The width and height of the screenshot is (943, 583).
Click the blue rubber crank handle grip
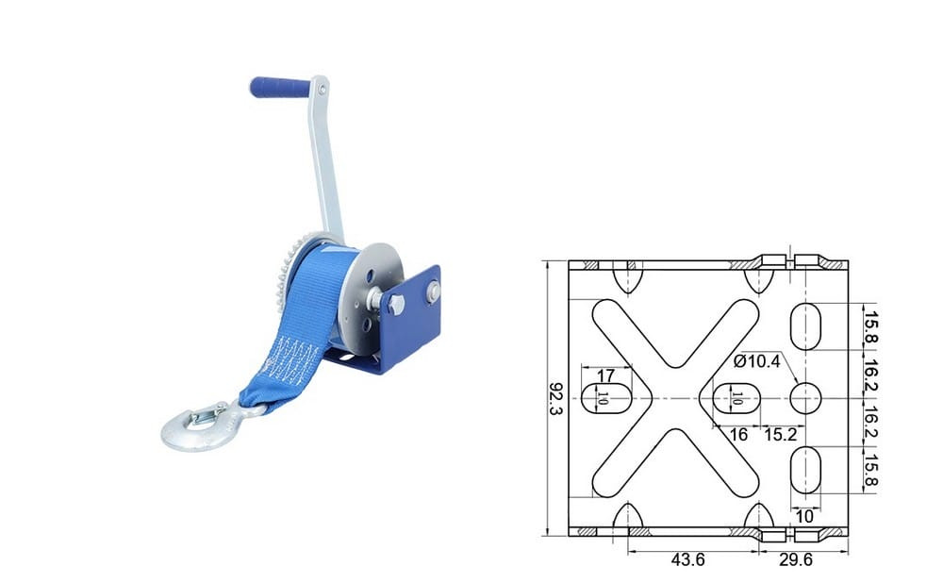[x=280, y=87]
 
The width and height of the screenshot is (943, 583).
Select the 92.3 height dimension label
[x=555, y=398]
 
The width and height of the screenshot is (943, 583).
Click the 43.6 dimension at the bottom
[x=687, y=559]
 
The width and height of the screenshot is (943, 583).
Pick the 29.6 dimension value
[x=796, y=559]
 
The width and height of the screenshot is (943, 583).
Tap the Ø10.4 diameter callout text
[x=756, y=361]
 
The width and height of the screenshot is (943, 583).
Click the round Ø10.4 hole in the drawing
[x=805, y=398]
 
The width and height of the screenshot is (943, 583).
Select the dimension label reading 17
[x=605, y=375]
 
